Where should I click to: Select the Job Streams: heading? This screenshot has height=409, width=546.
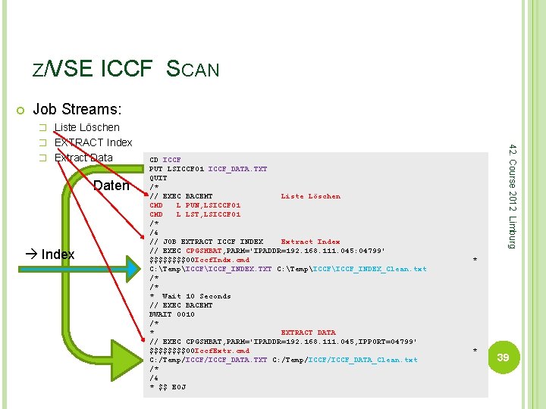click(77, 111)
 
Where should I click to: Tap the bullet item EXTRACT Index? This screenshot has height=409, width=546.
click(93, 142)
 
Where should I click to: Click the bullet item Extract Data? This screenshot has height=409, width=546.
click(83, 158)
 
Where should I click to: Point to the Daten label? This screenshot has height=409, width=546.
click(111, 186)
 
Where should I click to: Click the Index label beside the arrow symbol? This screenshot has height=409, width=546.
click(58, 254)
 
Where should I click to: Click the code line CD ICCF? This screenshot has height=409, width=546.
click(165, 160)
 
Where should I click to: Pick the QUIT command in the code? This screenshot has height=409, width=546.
click(158, 178)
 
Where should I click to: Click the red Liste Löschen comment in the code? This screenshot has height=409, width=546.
click(310, 196)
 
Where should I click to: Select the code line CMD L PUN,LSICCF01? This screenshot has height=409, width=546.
click(195, 205)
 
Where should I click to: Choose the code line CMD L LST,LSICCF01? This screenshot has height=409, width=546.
click(195, 214)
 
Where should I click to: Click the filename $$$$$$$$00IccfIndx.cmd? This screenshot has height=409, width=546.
click(199, 260)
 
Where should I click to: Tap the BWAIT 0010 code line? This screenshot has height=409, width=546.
click(172, 314)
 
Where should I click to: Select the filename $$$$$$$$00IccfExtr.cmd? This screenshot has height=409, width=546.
click(199, 351)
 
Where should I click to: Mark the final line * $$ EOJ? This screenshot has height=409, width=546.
click(168, 387)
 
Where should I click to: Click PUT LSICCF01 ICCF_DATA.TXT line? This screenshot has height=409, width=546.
click(208, 169)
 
